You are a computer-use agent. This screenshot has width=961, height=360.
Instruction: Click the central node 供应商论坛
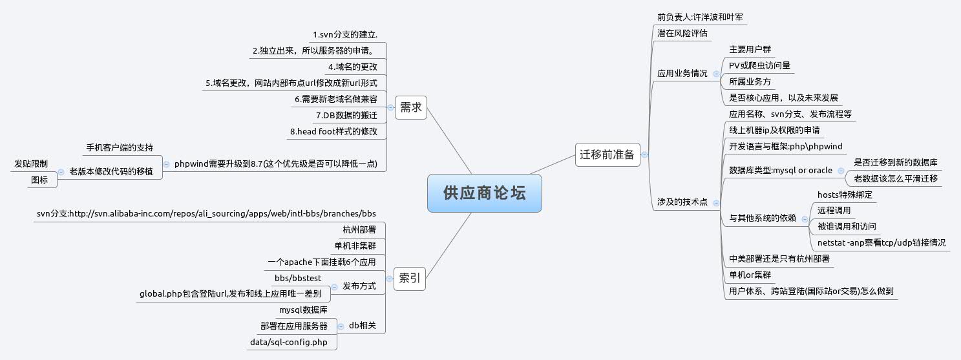[x=484, y=193]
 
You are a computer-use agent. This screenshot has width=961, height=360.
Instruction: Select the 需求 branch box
[x=410, y=107]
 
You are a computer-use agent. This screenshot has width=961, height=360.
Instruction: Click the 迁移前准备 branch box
[x=606, y=154]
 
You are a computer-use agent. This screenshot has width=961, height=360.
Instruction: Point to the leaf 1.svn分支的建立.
[x=345, y=34]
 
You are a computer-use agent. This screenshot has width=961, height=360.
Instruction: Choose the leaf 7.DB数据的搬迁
[x=346, y=116]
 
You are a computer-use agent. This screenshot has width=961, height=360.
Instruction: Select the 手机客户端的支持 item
[x=120, y=147]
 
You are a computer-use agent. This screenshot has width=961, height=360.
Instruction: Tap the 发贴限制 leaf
[x=31, y=164]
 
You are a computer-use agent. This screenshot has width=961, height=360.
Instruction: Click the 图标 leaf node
[x=39, y=180]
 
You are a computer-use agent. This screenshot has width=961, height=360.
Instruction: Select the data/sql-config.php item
[x=289, y=341]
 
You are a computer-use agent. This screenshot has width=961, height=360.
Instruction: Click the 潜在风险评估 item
[x=679, y=32]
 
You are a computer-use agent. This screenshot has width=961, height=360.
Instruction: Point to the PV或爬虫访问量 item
[x=759, y=65]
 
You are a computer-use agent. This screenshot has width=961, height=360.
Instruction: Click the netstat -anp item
[x=882, y=242]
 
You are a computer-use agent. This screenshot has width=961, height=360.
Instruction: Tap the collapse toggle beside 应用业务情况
[x=716, y=74]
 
